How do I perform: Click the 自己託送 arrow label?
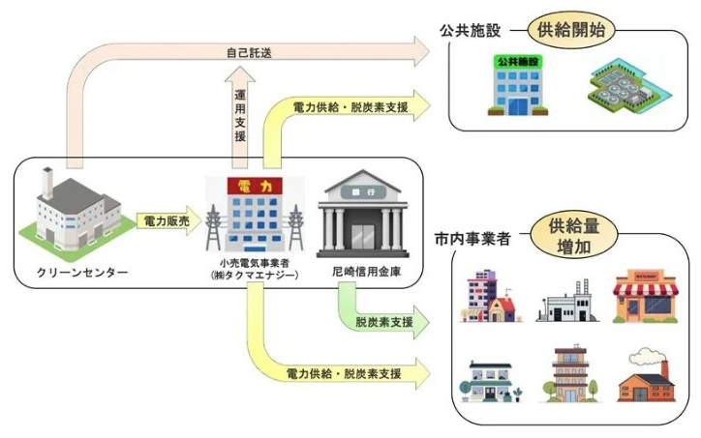(249, 53)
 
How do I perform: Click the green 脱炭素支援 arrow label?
(384, 322)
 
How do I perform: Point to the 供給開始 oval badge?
(571, 30)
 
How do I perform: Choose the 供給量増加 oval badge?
(574, 236)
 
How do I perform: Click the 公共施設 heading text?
(470, 31)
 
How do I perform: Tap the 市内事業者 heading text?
(472, 239)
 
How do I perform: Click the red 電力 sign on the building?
(255, 186)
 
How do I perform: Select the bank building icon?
(362, 214)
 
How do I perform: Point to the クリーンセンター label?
(82, 272)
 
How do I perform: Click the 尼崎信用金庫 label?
(367, 271)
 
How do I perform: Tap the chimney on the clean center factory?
(46, 182)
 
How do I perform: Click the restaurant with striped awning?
(646, 296)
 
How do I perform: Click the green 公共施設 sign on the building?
(518, 62)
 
